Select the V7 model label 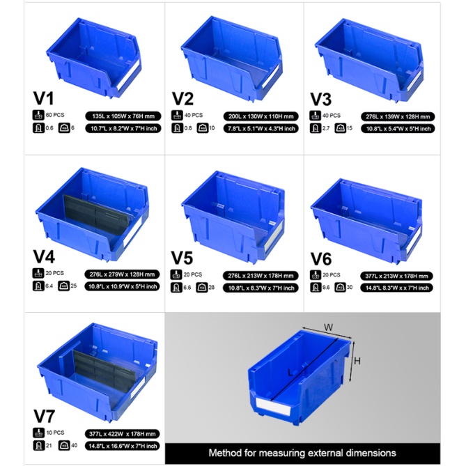tap(45, 416)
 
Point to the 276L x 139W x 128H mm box tap(399, 116)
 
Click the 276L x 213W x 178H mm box tap(260, 275)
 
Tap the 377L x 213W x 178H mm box tap(399, 275)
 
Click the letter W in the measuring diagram tap(326, 325)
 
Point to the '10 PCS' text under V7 tap(55, 433)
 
